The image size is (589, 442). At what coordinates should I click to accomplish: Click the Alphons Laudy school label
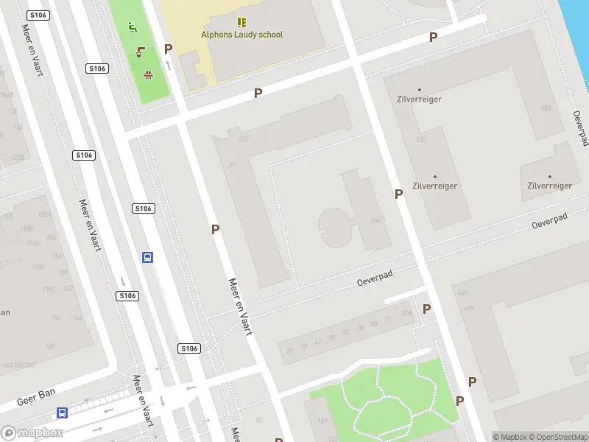[241, 35]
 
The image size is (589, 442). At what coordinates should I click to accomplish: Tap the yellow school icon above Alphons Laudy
[241, 22]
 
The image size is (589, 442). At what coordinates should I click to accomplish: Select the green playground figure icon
[133, 28]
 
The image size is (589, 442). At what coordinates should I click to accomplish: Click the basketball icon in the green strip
[148, 74]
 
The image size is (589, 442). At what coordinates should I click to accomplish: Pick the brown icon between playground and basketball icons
[141, 51]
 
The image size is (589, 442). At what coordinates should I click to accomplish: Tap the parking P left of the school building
[169, 49]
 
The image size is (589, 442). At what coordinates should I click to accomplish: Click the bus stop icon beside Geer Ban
[63, 413]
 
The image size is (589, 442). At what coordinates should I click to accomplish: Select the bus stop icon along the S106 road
[147, 257]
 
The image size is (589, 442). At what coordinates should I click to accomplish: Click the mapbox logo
[32, 432]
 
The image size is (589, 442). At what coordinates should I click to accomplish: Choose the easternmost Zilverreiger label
[549, 186]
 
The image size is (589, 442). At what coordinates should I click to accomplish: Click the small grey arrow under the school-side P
[169, 65]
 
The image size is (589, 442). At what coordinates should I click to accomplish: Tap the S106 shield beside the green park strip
[97, 69]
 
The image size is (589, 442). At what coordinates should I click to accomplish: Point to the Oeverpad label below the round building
[375, 278]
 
